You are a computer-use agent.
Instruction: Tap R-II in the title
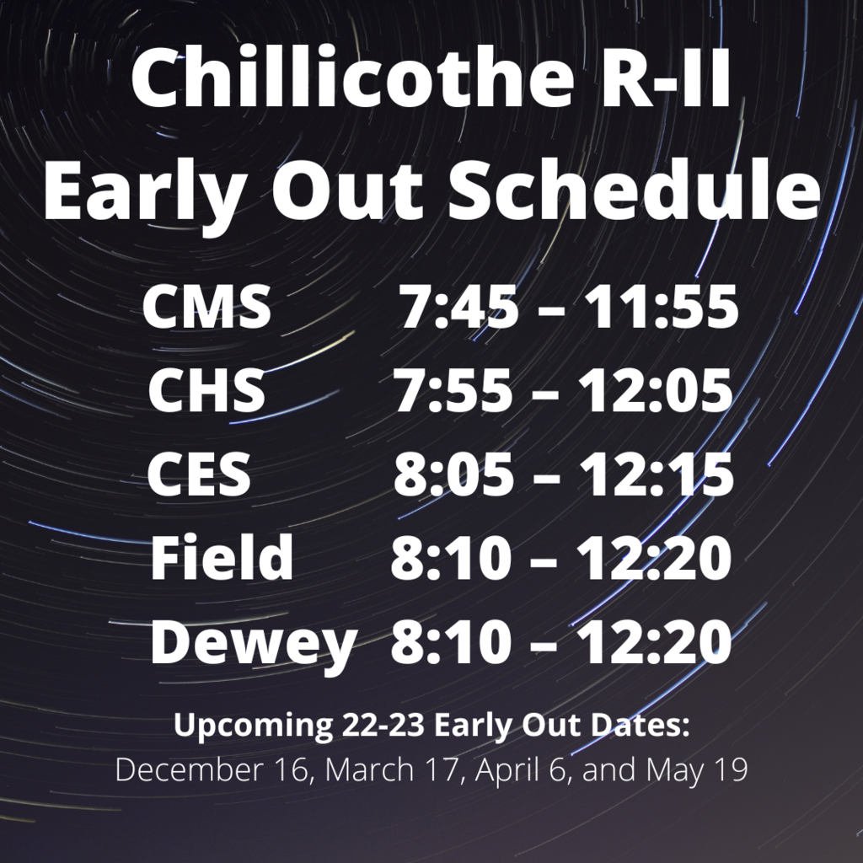665,78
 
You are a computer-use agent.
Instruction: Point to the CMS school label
207,306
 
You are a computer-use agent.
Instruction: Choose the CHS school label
207,390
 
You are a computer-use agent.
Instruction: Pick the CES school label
199,474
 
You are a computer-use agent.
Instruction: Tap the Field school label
222,556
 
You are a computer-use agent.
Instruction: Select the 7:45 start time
458,307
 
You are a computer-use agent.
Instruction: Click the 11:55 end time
661,307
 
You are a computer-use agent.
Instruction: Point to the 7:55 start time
453,390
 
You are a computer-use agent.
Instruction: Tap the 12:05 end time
655,390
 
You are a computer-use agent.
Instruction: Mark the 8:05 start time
454,474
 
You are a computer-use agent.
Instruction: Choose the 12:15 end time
657,474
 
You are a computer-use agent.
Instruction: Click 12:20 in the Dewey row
654,641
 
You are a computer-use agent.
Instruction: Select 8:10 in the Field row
451,558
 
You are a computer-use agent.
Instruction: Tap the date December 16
212,769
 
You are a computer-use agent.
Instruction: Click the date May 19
697,770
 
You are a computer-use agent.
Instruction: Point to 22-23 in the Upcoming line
383,725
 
